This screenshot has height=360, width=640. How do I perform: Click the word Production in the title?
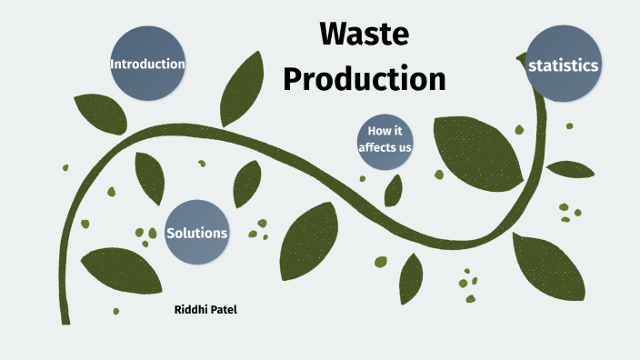click(x=365, y=77)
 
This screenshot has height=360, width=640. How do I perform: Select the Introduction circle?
click(x=148, y=64)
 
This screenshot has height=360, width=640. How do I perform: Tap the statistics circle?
click(x=564, y=65)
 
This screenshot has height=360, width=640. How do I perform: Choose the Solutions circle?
click(x=196, y=233)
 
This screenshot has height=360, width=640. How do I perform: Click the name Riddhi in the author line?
click(x=191, y=310)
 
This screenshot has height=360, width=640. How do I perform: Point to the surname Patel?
click(x=224, y=310)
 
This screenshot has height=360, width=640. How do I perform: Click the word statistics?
click(x=564, y=65)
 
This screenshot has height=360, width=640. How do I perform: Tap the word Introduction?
click(x=148, y=65)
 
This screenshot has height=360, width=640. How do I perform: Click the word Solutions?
click(x=196, y=233)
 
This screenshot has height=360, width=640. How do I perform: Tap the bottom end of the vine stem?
click(x=65, y=319)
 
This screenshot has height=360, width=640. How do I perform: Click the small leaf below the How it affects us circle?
click(x=394, y=190)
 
